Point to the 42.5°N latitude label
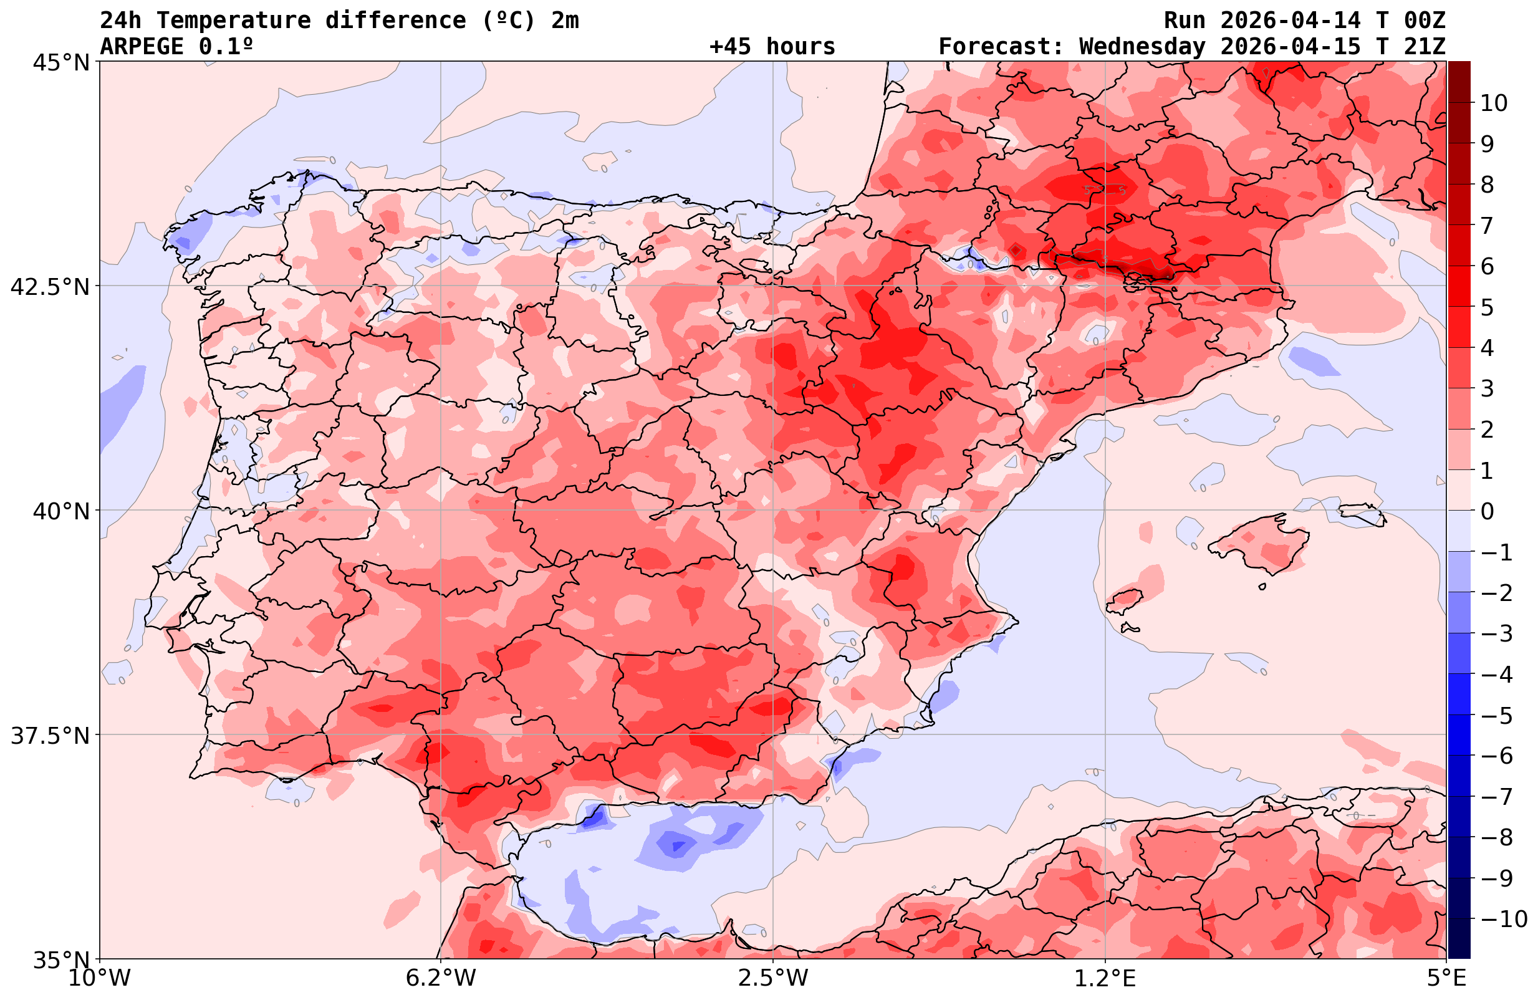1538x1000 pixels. tap(49, 287)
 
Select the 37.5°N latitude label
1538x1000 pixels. tap(49, 736)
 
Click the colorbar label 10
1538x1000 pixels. tap(1493, 103)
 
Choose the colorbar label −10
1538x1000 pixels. tap(1503, 918)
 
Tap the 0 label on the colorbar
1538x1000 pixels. tap(1487, 511)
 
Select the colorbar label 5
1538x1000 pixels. tap(1487, 307)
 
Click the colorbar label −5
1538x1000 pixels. tap(1496, 716)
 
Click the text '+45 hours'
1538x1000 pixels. tap(772, 47)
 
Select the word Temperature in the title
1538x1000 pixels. tap(233, 21)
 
